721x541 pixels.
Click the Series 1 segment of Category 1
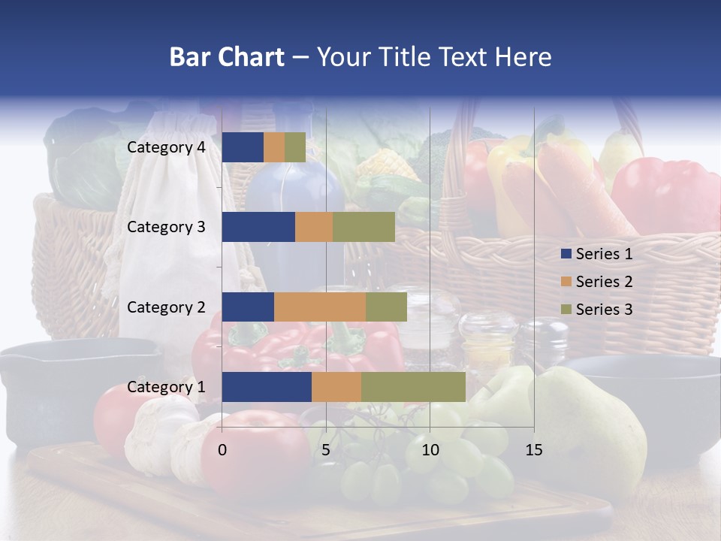(267, 387)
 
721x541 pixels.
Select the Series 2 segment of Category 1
(336, 387)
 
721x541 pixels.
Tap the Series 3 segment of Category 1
(413, 387)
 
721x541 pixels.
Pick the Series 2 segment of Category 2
(320, 307)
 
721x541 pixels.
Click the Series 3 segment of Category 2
(386, 307)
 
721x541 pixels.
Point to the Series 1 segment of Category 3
(258, 227)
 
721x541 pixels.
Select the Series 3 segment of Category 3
(364, 227)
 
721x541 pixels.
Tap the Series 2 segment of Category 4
(274, 147)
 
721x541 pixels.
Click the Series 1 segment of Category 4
(243, 147)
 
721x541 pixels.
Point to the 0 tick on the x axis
(222, 450)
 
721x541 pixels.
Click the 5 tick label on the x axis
(326, 450)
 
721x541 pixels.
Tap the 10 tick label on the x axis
(430, 450)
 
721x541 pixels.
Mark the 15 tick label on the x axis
(533, 450)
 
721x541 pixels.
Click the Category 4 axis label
(166, 147)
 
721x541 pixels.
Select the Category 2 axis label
(166, 307)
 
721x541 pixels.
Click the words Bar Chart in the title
(227, 57)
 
